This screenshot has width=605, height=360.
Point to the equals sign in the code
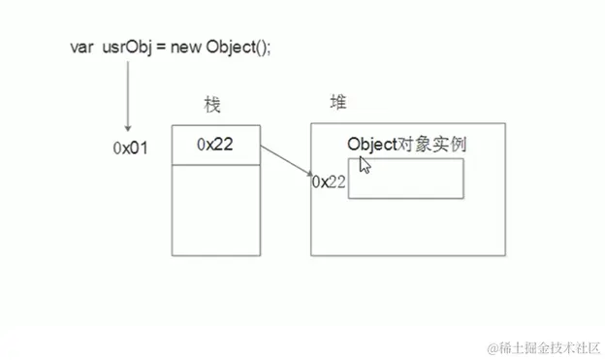159,46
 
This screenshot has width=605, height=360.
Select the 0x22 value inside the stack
215,145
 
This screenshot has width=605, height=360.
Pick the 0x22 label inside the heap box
330,181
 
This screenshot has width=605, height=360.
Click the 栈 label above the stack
213,105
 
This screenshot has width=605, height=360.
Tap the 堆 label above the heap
338,102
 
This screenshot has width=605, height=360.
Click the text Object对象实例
407,144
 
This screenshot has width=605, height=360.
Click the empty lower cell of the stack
216,209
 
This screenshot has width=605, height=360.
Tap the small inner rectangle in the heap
405,179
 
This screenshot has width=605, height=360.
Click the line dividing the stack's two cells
216,163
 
